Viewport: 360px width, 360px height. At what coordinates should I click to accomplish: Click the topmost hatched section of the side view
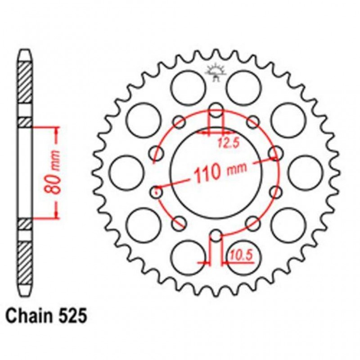pyautogui.click(x=25, y=81)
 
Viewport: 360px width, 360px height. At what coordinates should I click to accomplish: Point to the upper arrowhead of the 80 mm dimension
pyautogui.click(x=56, y=130)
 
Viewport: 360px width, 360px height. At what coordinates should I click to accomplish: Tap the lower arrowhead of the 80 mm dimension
pyautogui.click(x=56, y=215)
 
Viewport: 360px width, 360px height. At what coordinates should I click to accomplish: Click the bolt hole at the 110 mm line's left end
pyautogui.click(x=156, y=192)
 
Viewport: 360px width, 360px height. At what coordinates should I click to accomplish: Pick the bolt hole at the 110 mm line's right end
pyautogui.click(x=274, y=153)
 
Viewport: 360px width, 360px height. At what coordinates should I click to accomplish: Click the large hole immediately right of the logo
pyautogui.click(x=243, y=87)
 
